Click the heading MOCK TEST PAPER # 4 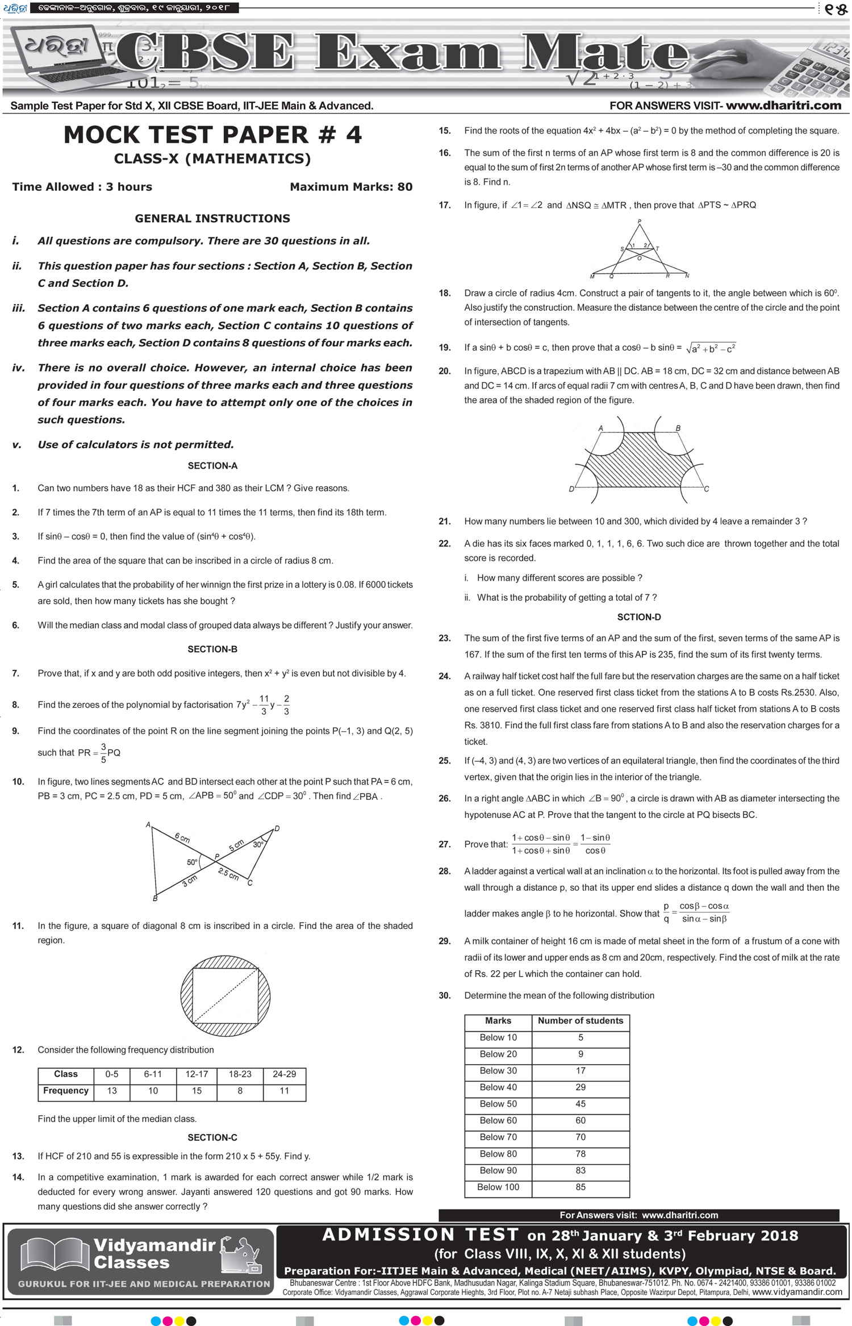(212, 135)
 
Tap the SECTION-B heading (212, 649)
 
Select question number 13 (18, 1156)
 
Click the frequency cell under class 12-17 (197, 1090)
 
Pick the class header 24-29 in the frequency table (284, 1074)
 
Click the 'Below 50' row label (498, 1103)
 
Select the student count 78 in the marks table (580, 1153)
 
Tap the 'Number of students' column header (580, 1020)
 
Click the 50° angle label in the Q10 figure (193, 862)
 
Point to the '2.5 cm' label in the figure (228, 874)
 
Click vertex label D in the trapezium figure (571, 489)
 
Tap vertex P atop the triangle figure (640, 222)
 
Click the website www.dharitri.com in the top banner (783, 106)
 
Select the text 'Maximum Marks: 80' (351, 187)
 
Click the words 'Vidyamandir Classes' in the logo (153, 1253)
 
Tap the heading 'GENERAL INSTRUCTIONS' (212, 218)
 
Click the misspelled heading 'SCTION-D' (639, 617)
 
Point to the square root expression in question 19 (711, 348)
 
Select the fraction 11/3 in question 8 (264, 704)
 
